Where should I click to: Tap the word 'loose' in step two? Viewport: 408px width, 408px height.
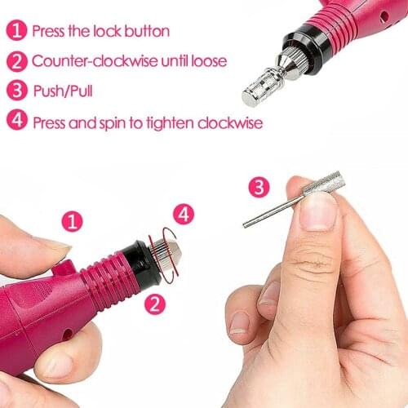pyautogui.click(x=207, y=61)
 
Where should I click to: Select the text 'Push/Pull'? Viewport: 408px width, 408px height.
pyautogui.click(x=62, y=91)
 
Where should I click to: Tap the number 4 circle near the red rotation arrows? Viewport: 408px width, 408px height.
pyautogui.click(x=184, y=215)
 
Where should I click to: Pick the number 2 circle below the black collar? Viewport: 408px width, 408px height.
pyautogui.click(x=153, y=304)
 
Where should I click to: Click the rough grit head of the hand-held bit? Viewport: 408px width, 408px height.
pyautogui.click(x=321, y=183)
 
